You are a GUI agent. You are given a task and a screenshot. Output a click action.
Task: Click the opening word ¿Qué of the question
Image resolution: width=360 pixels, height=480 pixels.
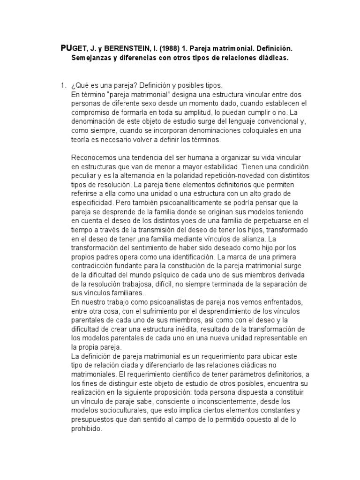pos(79,86)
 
